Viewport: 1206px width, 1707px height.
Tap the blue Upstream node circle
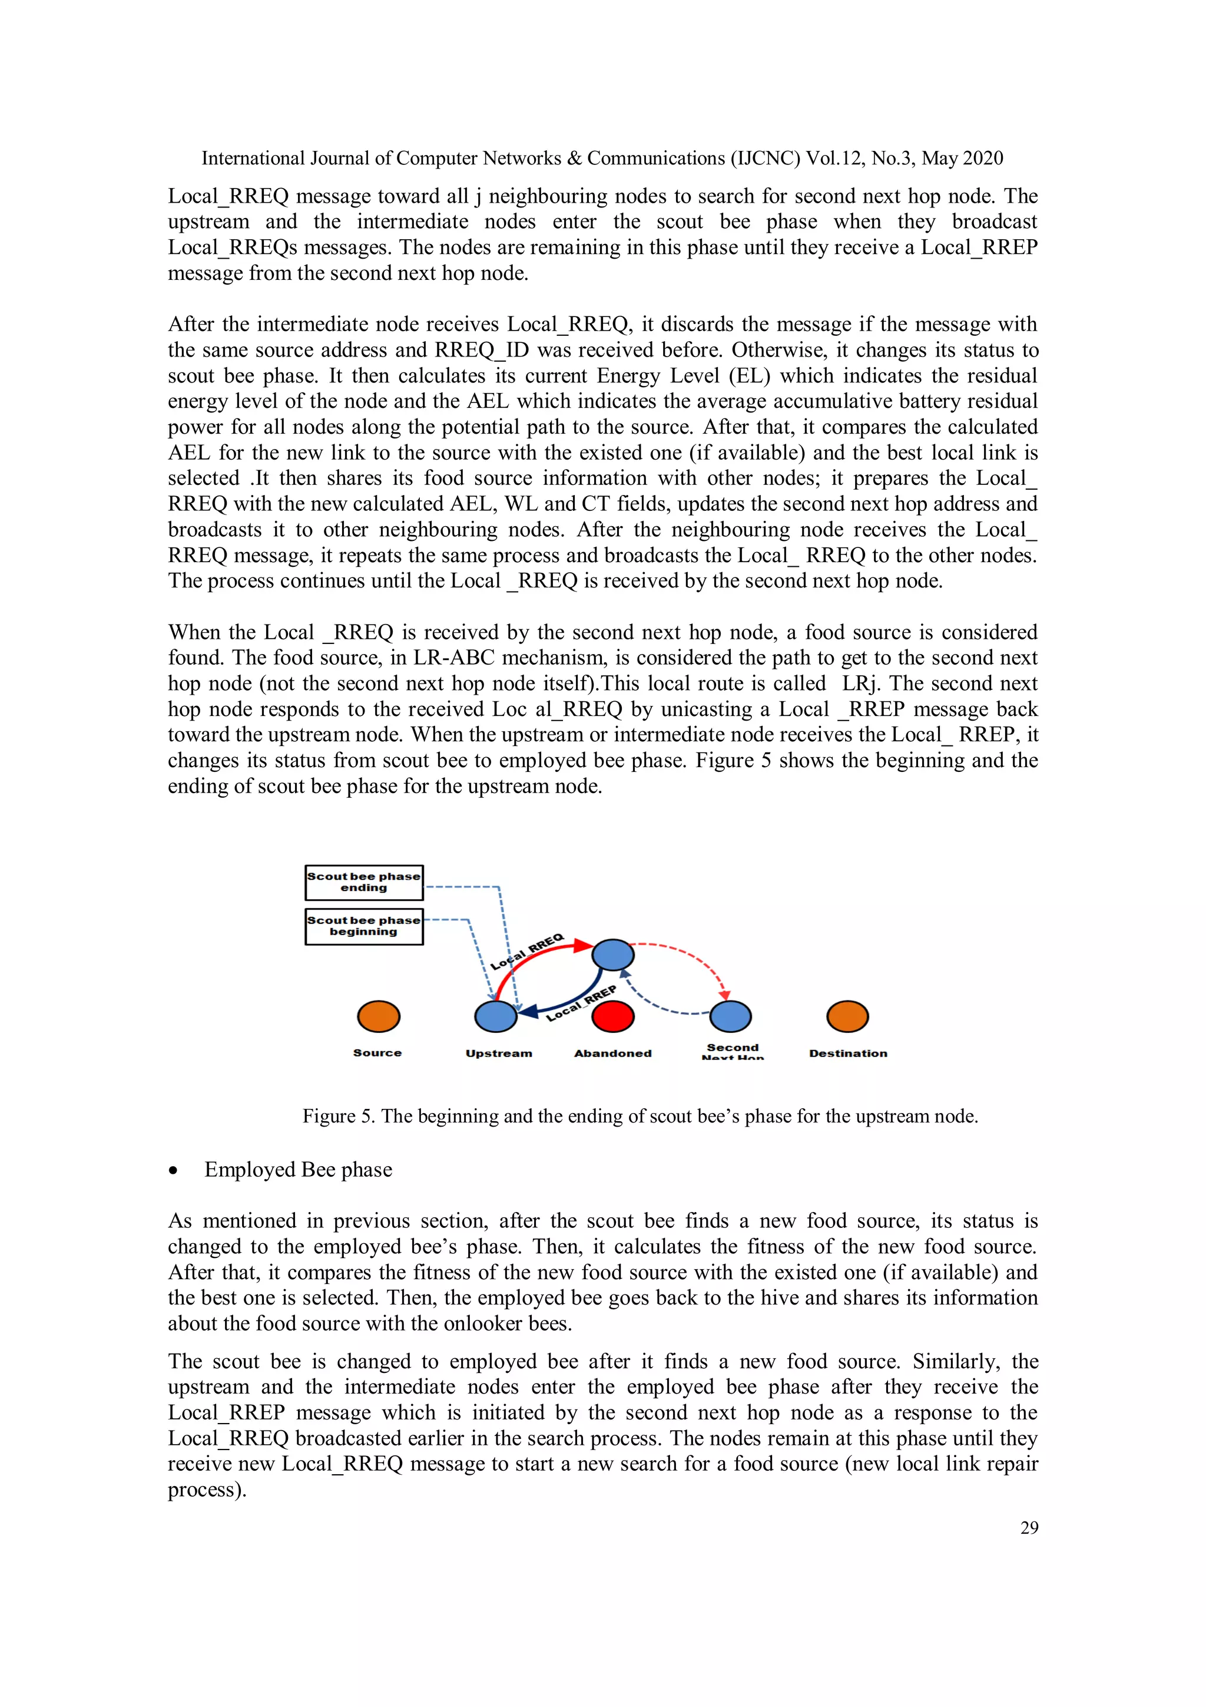[x=496, y=1016]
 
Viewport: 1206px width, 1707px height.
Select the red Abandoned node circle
[x=613, y=1016]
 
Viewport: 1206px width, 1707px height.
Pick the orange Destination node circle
[x=848, y=1016]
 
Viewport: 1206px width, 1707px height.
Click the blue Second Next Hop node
[x=730, y=1016]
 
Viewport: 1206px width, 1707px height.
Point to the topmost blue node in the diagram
[x=613, y=955]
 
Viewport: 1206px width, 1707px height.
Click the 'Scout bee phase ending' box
[x=364, y=883]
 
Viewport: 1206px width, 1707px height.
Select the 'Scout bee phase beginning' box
[x=364, y=926]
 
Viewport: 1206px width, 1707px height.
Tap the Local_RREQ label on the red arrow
[x=528, y=952]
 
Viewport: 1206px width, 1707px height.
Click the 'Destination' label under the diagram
[x=848, y=1054]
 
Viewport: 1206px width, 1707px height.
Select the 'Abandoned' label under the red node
[x=613, y=1054]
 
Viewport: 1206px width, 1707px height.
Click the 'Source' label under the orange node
[x=377, y=1053]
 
